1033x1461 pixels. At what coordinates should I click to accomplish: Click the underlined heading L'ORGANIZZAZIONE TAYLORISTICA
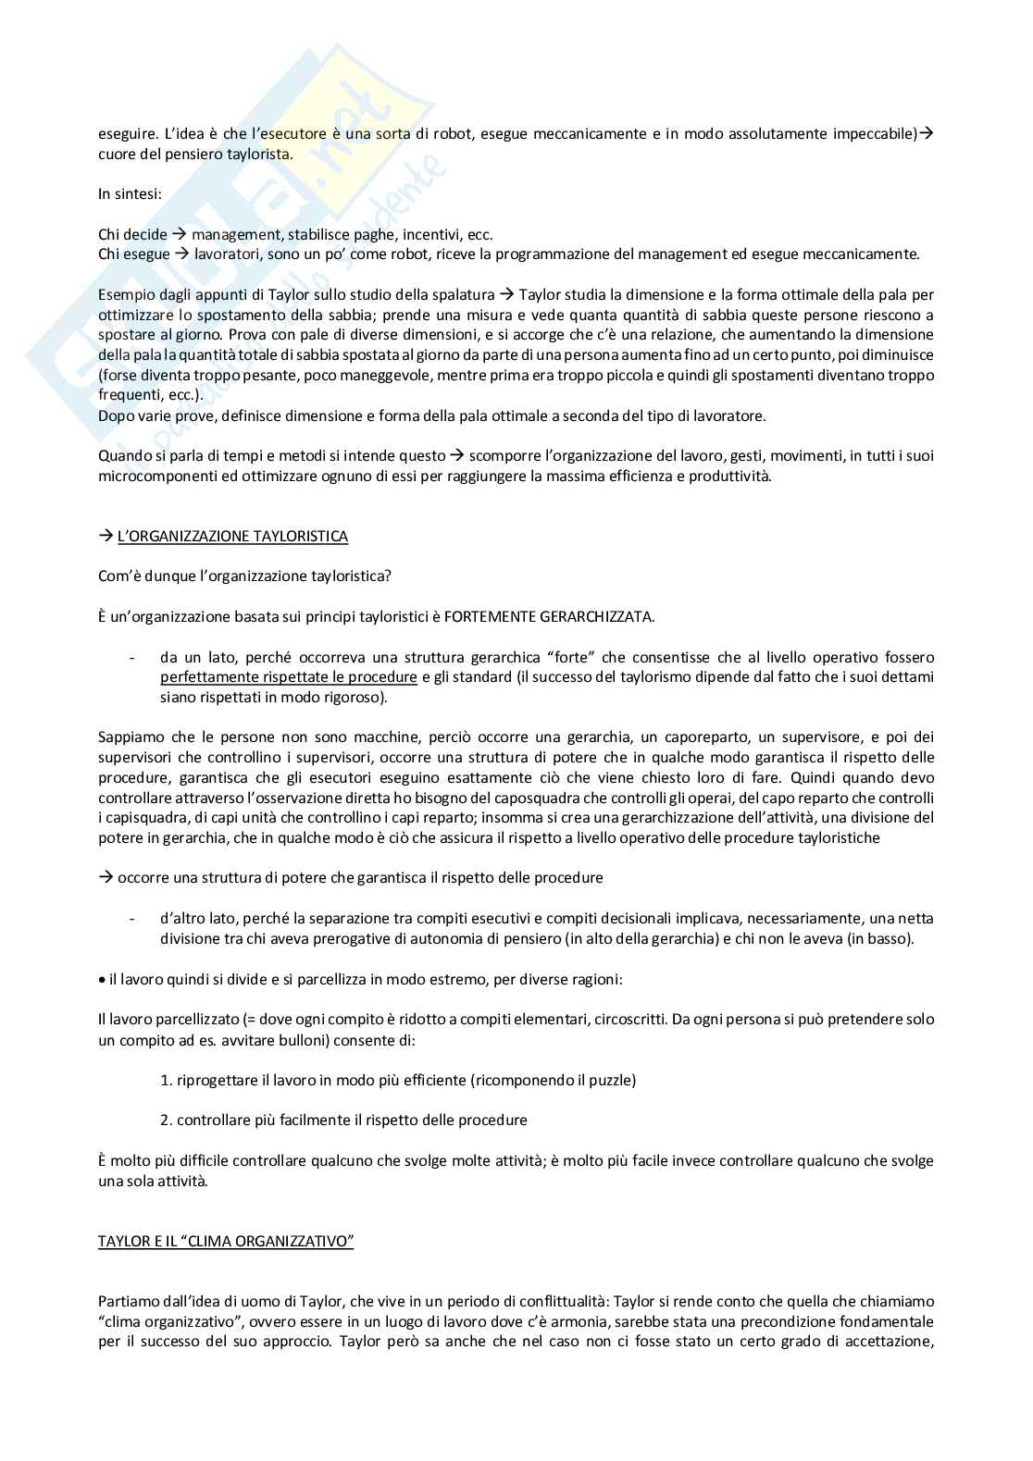coord(232,536)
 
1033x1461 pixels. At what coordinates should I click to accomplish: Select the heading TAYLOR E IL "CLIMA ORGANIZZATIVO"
coord(226,1241)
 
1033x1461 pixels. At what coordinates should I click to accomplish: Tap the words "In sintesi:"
coord(130,193)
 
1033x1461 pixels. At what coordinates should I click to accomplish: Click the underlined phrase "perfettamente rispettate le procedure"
coord(288,677)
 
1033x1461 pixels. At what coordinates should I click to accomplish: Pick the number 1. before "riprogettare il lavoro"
coord(167,1080)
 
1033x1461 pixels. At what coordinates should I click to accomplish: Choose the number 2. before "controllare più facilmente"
coord(167,1120)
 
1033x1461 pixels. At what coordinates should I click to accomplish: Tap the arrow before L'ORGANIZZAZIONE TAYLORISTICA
coord(105,536)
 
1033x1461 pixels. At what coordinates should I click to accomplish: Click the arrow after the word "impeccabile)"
coord(927,133)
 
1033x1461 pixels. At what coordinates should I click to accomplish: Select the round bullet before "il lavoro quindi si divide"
coord(102,979)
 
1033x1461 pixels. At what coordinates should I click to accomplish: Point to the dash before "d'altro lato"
coord(133,919)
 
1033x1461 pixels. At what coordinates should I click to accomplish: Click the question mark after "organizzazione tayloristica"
coord(387,576)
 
